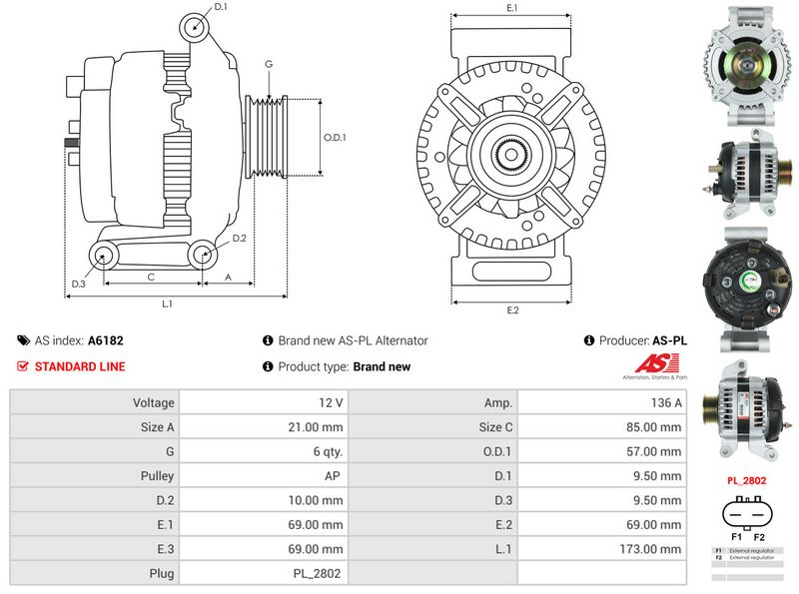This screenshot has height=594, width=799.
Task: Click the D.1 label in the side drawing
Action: (221, 7)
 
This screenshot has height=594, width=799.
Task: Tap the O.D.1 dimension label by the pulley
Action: (335, 138)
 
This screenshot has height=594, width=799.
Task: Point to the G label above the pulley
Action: (269, 64)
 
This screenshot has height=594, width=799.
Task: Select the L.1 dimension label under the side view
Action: (168, 302)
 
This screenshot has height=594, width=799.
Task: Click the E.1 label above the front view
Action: (511, 8)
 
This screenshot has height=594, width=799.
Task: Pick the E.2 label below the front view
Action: (512, 310)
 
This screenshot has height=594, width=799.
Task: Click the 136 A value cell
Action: (665, 402)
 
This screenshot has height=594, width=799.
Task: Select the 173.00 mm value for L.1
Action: (653, 548)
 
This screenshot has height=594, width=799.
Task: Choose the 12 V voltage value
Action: (333, 402)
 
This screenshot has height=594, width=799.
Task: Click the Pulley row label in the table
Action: (157, 476)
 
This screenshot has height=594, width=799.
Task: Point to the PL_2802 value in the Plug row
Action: (318, 573)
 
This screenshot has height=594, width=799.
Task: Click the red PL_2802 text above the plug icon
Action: (746, 480)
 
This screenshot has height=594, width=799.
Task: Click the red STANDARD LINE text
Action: (80, 366)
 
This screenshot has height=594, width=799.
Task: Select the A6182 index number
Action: (106, 340)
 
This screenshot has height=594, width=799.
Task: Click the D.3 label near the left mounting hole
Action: (78, 285)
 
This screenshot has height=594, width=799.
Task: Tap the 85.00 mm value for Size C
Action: (655, 427)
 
